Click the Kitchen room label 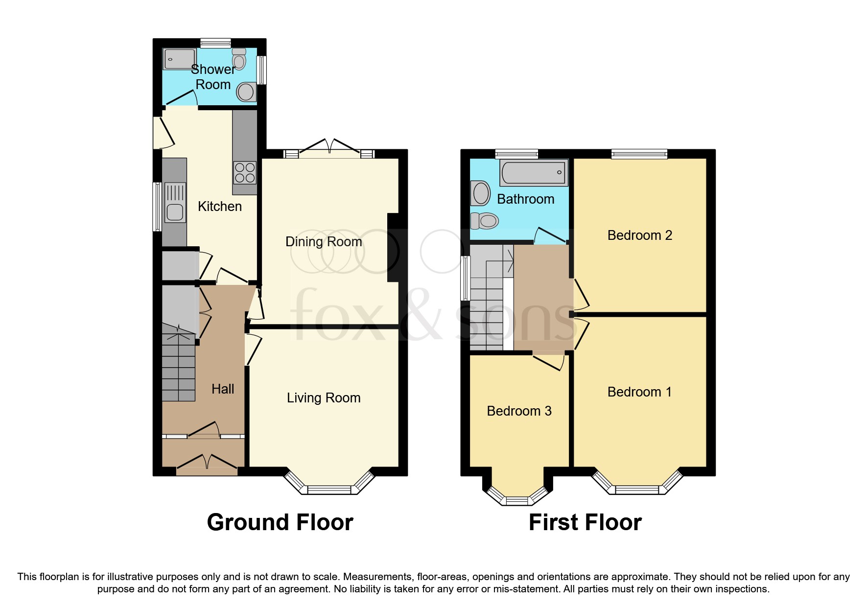[219, 207]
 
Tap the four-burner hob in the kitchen [245, 173]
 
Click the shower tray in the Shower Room [179, 59]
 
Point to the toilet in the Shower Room [239, 59]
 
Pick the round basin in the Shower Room [246, 92]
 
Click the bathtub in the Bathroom [534, 172]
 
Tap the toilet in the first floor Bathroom [485, 221]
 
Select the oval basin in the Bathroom [481, 193]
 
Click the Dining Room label [324, 242]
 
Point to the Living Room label [324, 398]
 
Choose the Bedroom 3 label [519, 411]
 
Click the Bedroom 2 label [639, 235]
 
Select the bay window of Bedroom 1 [637, 488]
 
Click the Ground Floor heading [280, 522]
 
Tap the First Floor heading [585, 522]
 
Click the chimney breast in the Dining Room [393, 248]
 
